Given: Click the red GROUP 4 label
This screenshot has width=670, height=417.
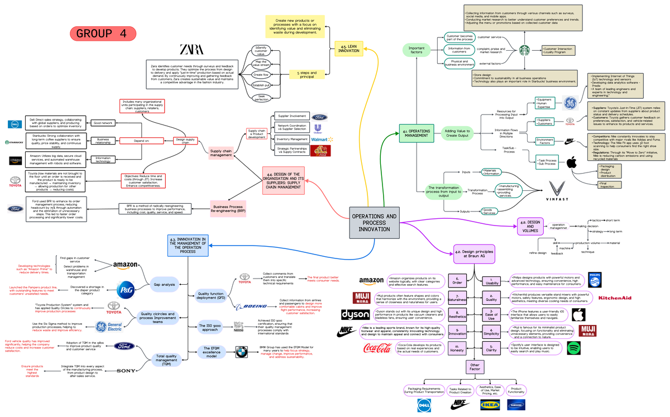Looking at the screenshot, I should click(102, 33).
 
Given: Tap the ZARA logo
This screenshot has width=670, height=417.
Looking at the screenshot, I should click(192, 49).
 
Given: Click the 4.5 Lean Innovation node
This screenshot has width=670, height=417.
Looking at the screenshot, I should click(349, 48).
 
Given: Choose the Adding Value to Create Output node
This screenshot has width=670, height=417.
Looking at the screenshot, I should click(457, 133).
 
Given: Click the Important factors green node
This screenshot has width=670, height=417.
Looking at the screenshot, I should click(417, 50).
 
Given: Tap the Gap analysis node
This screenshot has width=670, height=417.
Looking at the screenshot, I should click(165, 285).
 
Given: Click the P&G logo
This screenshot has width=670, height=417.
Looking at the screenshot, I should click(126, 289).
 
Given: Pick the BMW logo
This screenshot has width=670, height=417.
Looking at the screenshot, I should click(241, 352).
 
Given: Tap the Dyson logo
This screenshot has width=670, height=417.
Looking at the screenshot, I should click(356, 314).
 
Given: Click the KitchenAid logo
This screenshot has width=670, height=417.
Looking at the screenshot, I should click(615, 298).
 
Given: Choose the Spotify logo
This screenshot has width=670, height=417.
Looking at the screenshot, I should click(575, 348).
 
